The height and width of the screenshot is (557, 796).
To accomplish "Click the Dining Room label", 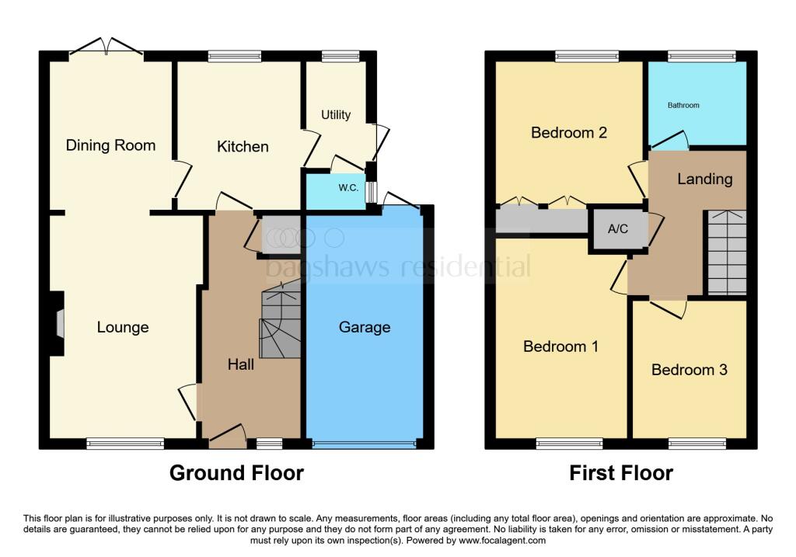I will click(110, 145).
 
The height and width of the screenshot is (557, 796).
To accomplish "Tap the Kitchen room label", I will click(243, 147).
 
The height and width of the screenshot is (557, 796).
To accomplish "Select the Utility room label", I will click(336, 115).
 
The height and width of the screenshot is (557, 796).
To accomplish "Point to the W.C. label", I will click(347, 187).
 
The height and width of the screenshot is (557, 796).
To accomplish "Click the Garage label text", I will click(365, 327).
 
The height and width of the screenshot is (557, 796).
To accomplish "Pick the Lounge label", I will click(123, 327).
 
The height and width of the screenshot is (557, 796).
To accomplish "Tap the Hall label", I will click(241, 364).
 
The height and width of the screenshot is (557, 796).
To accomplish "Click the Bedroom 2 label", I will click(569, 132).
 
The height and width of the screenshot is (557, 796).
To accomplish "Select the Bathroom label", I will click(683, 105).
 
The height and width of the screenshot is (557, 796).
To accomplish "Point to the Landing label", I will click(704, 179).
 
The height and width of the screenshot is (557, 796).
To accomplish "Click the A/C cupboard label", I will click(617, 228).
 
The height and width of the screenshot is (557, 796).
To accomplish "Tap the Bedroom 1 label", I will click(560, 346).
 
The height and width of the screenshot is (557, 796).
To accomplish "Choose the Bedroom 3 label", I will click(689, 370).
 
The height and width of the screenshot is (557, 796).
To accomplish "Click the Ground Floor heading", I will click(236, 472).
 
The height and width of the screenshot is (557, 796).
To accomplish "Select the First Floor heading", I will click(621, 472).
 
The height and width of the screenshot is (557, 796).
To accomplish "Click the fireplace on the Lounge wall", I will click(57, 323).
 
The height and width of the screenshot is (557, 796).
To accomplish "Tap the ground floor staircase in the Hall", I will click(280, 325).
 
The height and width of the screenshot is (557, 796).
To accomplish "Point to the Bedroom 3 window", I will click(696, 444).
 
